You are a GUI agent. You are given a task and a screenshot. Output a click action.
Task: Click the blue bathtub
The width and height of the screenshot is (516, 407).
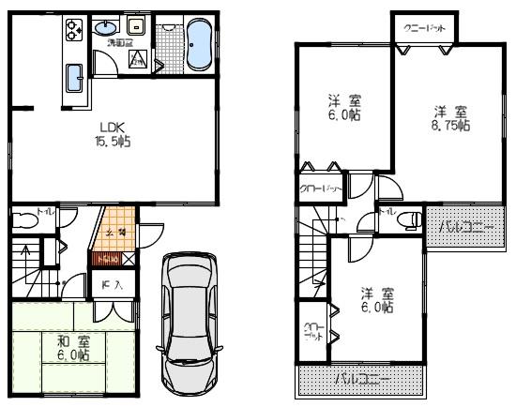(x=198, y=46)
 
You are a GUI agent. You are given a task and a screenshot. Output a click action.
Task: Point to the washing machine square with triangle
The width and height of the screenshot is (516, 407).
(x=137, y=62)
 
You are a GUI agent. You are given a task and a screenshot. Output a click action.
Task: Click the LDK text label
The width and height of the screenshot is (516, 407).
(x=113, y=126)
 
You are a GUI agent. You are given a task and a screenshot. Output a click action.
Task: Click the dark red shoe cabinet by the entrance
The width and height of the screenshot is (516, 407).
(x=106, y=256)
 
